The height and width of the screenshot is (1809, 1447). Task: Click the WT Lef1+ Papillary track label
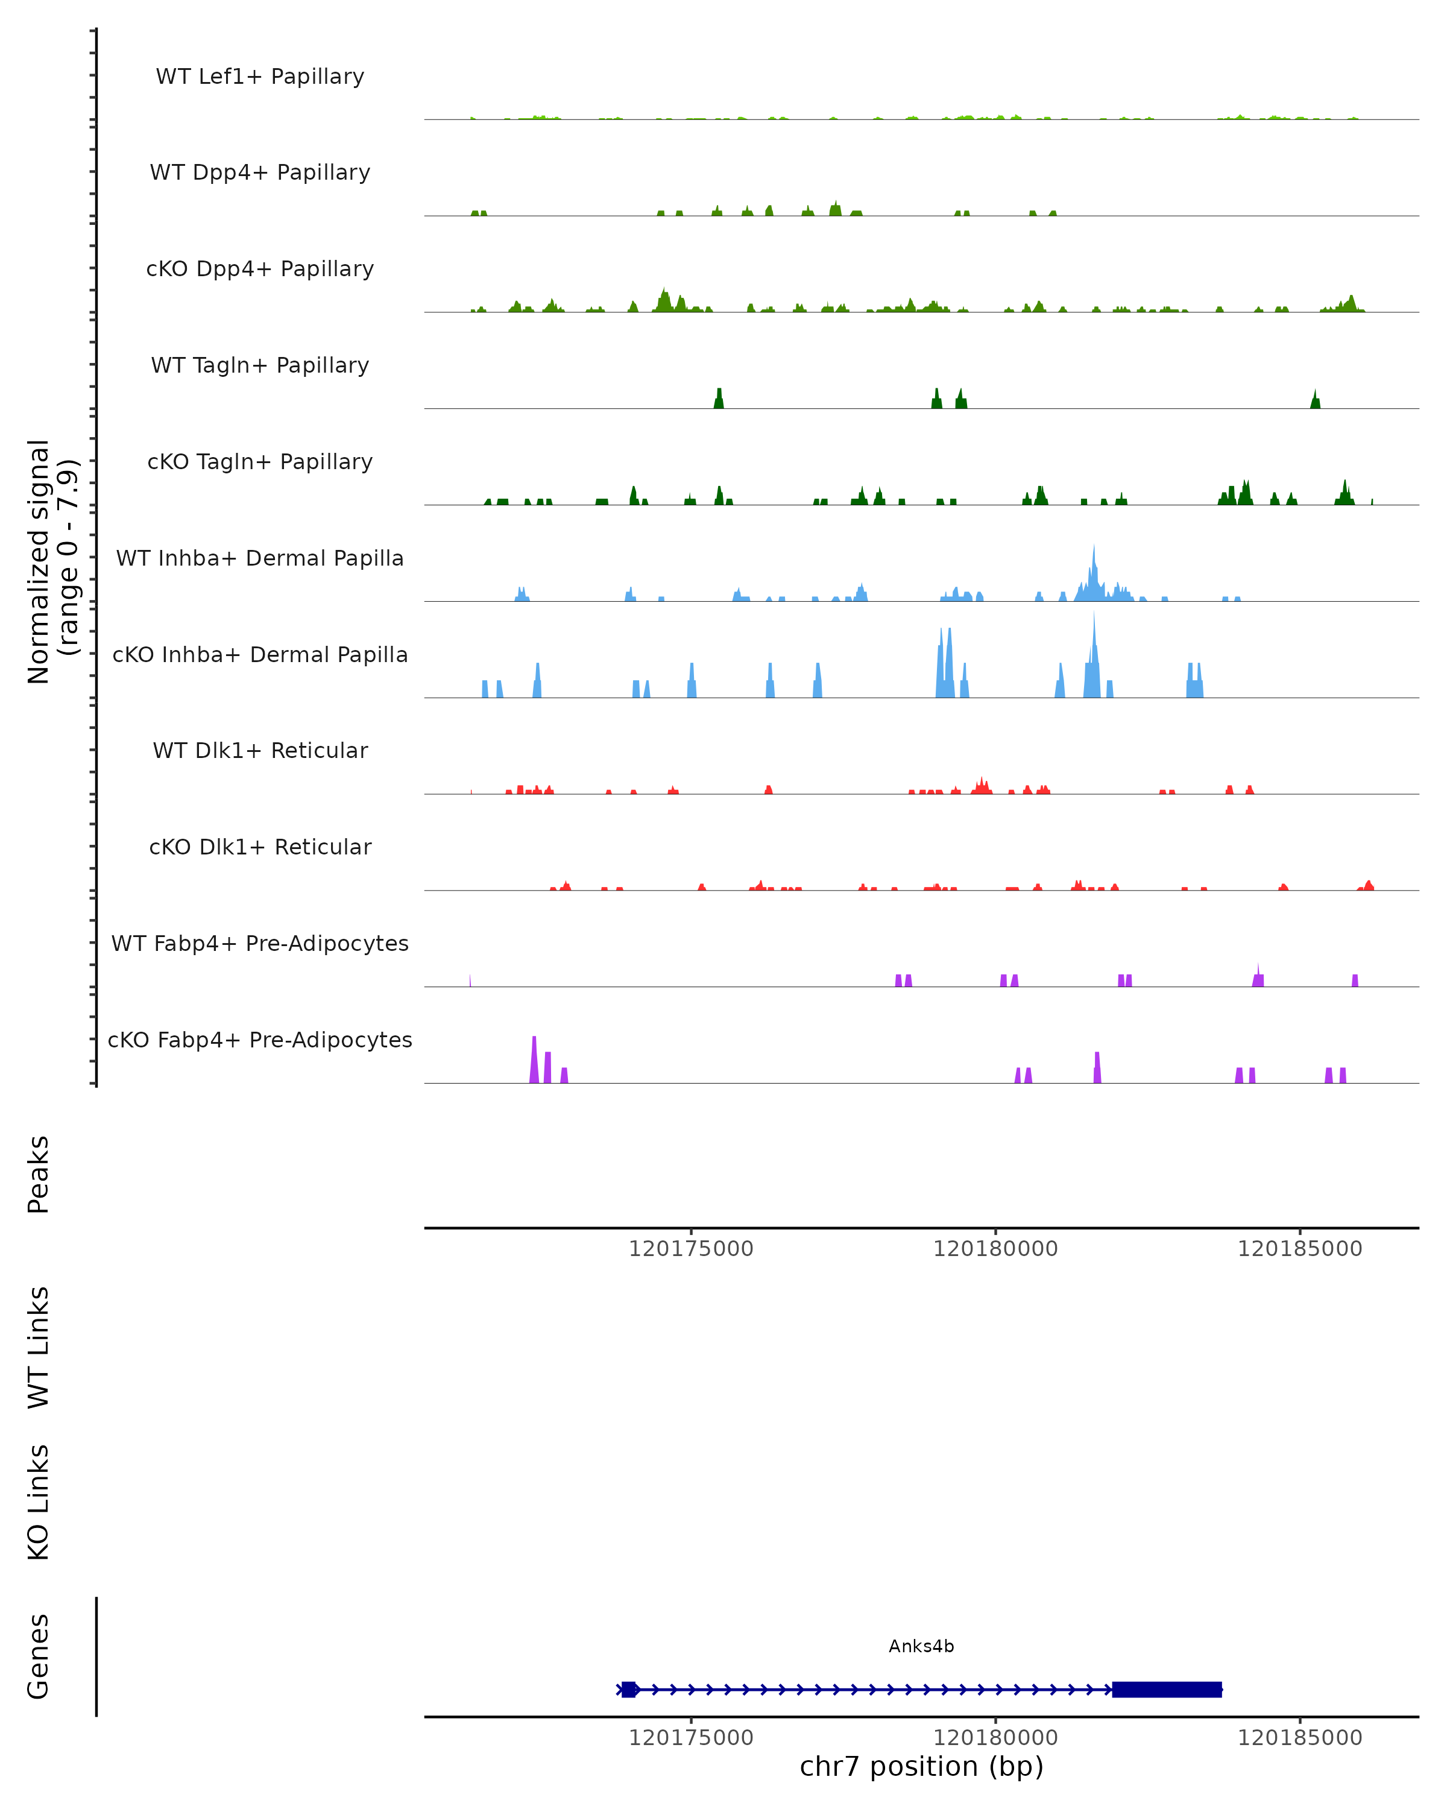tap(260, 77)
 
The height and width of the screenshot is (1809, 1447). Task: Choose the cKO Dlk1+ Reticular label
tap(260, 847)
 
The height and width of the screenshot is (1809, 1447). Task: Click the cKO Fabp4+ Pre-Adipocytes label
tap(260, 1040)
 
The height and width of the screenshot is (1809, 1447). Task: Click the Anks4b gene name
tap(921, 1646)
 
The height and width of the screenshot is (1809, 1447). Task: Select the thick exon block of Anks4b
tap(1166, 1689)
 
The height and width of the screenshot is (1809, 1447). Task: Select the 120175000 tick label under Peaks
tap(690, 1249)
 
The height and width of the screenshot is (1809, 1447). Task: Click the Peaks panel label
tap(39, 1174)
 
